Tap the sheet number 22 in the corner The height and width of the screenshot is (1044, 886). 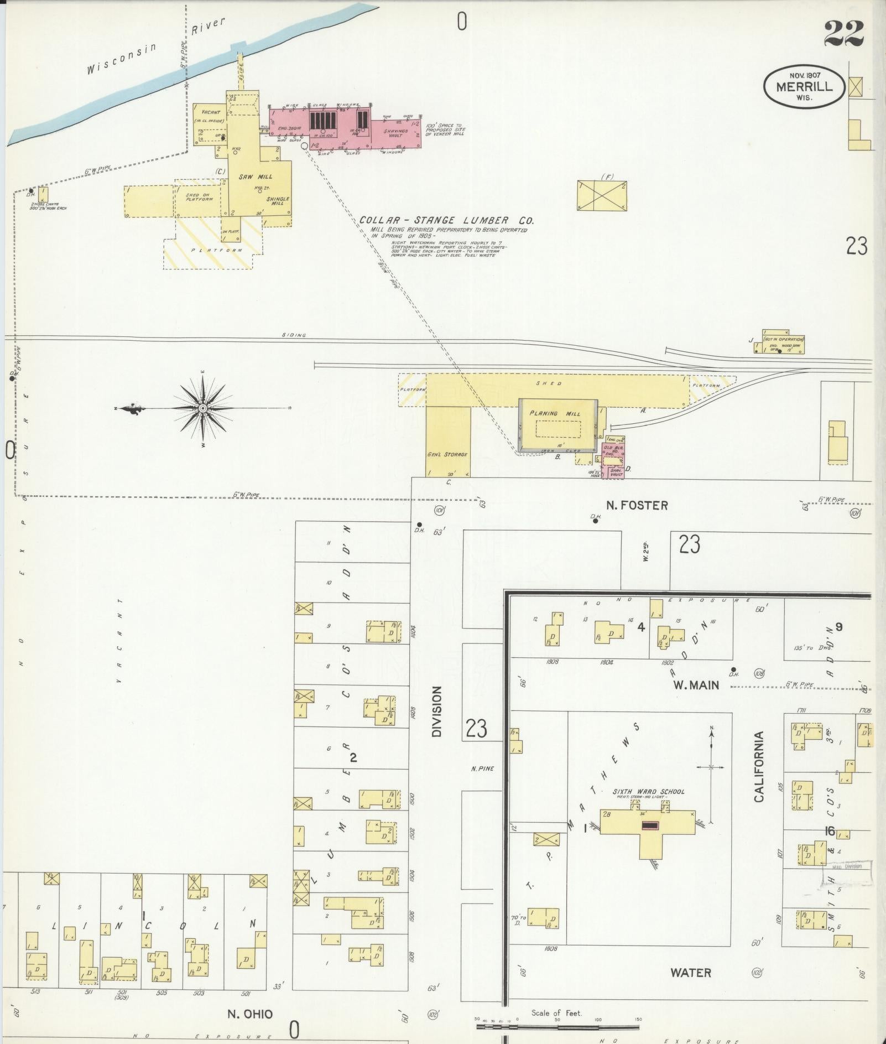(843, 34)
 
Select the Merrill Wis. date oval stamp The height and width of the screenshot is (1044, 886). (804, 86)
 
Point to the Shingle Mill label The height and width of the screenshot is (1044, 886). (278, 200)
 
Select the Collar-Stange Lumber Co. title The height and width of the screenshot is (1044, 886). (447, 220)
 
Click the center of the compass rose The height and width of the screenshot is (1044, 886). (203, 408)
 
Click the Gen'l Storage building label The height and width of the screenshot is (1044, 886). (447, 454)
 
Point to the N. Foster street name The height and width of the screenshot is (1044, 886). (637, 505)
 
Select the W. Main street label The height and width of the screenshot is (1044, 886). (696, 685)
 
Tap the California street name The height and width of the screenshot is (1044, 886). (759, 766)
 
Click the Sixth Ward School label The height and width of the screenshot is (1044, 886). (648, 792)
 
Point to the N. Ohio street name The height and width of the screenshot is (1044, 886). (250, 1014)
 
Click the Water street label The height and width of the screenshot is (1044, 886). (691, 972)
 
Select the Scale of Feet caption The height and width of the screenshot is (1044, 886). (556, 1012)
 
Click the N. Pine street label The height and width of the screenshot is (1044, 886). (482, 768)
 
